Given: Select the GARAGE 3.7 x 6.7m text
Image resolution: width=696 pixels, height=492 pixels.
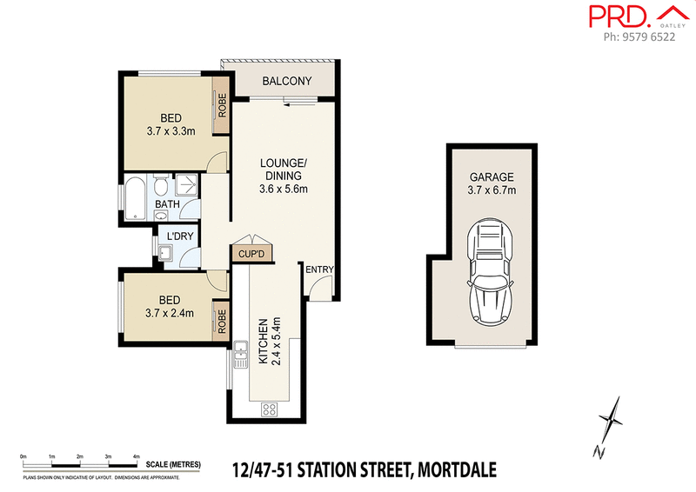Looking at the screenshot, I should [x=492, y=183].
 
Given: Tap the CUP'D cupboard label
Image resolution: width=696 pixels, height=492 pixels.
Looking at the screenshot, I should [x=251, y=253].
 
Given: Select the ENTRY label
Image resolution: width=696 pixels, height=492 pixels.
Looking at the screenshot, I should [x=319, y=269].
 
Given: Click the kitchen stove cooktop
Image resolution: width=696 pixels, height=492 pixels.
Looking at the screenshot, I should [x=269, y=409].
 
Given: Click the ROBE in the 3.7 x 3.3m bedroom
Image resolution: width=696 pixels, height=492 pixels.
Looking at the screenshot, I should [x=222, y=111].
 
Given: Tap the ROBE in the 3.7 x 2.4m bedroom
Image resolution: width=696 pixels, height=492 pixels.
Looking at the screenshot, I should [x=222, y=322].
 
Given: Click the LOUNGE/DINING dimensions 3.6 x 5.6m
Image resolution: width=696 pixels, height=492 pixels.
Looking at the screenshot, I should [x=284, y=188].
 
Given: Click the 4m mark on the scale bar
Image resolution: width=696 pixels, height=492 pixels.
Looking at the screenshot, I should [x=136, y=455].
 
